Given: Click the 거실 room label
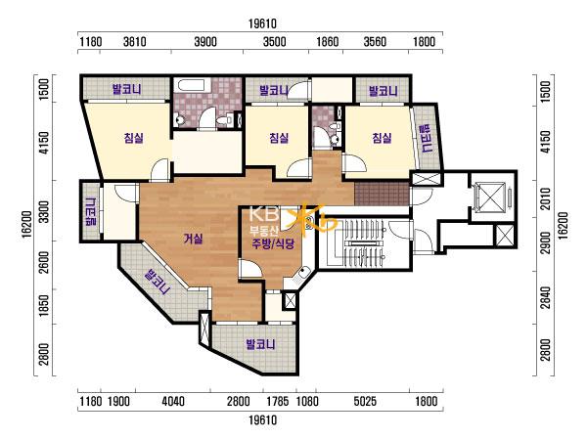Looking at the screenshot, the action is pos(193,239).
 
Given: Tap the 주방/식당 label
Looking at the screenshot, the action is pos(273,244).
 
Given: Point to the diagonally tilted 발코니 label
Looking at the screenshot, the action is pos(158,282).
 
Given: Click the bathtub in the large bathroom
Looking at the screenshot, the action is pos(191,85).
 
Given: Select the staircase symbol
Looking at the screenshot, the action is pos(356,243).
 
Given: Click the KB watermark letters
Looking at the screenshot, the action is pos(264,214).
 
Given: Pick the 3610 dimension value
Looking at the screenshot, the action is pos(135,41).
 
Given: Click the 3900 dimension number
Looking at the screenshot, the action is pos(205,41).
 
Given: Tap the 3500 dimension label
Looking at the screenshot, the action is pos(274,41).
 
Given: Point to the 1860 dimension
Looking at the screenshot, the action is pos(328,41).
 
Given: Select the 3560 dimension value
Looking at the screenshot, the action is pos(375,41).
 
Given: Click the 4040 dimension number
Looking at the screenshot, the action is pos(173,402).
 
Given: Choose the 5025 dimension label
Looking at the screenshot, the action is pos(365,402).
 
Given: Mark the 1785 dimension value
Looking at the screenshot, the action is pos(278,402).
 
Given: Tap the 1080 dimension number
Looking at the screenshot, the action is pos(307,402).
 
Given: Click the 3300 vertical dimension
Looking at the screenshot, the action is pos(44,212).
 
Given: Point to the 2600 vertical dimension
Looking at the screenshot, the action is pos(44,262).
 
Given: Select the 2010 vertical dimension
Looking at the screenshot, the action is pos(546,198).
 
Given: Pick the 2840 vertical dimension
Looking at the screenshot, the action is pos(546,298).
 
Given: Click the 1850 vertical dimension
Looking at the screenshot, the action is pos(44,306).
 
